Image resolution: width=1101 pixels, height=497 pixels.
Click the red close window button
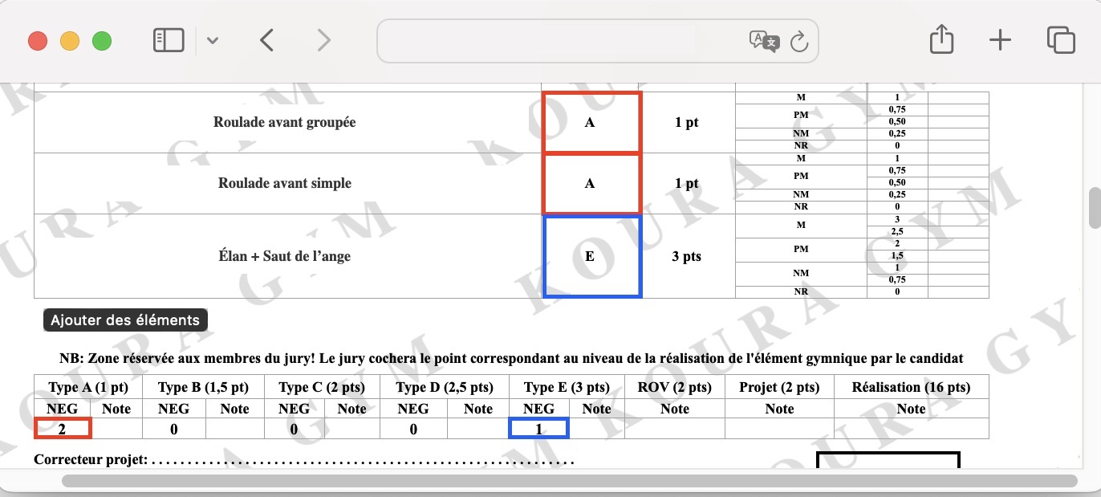point(38,41)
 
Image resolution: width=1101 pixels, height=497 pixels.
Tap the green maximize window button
point(102,41)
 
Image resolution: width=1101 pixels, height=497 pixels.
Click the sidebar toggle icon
point(169,40)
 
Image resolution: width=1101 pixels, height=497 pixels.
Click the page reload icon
point(799,41)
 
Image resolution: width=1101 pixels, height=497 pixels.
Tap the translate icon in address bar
point(764,41)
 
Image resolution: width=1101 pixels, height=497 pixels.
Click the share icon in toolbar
point(942,39)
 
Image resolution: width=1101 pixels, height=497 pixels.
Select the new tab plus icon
point(1000,40)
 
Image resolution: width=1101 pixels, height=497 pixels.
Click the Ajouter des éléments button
point(125,320)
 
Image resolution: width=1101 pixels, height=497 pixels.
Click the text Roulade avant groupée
point(285,122)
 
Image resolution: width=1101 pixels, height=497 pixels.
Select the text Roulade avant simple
point(285,183)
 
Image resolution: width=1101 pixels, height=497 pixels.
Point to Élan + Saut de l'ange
point(285,256)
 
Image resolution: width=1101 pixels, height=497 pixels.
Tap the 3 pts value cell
point(687,256)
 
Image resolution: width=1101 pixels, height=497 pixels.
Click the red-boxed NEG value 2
point(63,429)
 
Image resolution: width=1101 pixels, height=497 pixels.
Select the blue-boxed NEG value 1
point(538,429)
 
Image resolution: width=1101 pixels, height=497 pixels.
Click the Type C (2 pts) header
point(322,387)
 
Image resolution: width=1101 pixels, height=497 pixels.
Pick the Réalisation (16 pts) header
point(912,387)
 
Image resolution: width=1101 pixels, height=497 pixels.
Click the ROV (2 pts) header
point(675,387)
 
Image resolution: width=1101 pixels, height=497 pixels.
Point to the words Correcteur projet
point(91,459)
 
